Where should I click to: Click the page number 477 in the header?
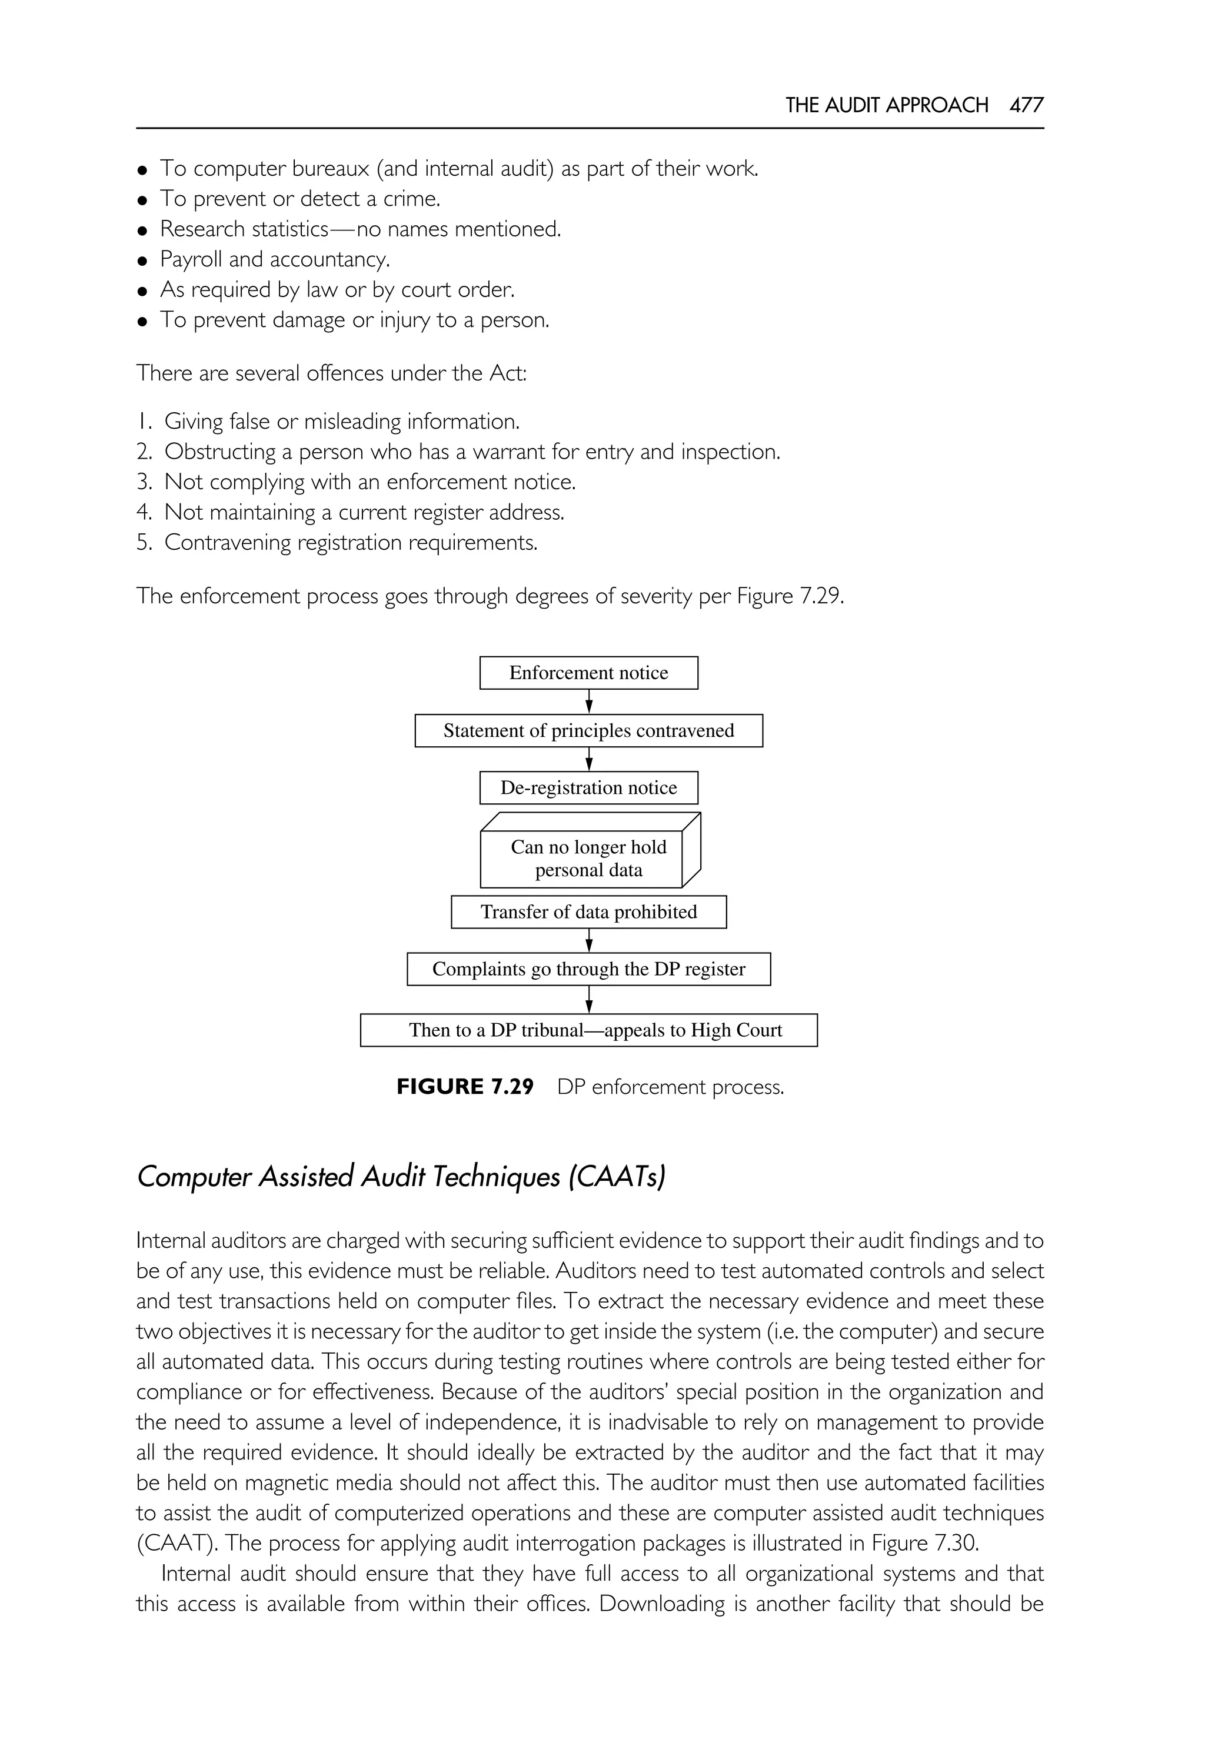[x=1026, y=105]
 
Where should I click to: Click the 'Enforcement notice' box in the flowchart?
[x=588, y=672]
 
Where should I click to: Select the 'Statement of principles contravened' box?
[x=588, y=730]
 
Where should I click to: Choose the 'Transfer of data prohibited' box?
[x=588, y=911]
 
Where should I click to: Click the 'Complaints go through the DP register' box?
[x=588, y=969]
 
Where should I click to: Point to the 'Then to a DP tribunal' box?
[x=588, y=1030]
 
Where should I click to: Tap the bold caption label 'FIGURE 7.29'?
[x=465, y=1087]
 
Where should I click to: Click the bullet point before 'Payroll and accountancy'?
[x=142, y=261]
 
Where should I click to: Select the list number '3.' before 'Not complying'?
[x=144, y=482]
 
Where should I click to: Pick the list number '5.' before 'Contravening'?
[x=144, y=542]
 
